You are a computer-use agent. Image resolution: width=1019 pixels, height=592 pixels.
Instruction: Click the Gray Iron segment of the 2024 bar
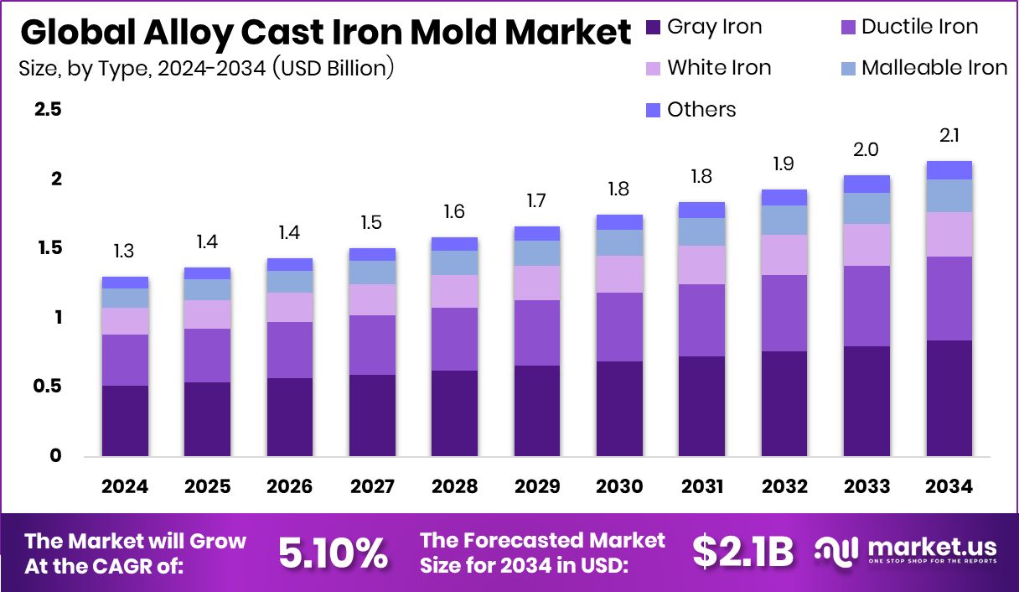(125, 420)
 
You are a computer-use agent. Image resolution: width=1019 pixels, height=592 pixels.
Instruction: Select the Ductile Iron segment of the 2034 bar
(949, 298)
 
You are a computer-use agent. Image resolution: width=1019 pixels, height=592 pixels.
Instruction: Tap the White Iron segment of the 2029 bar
(536, 283)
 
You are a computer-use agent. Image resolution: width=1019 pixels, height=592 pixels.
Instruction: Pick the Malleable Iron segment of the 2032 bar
(784, 220)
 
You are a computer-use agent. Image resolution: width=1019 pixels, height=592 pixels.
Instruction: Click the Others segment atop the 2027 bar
(372, 254)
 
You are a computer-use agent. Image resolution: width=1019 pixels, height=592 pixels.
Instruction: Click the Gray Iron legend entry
(705, 27)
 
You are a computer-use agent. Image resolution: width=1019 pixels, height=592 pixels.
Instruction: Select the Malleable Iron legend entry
(923, 68)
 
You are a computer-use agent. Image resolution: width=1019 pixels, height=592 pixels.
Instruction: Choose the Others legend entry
(691, 110)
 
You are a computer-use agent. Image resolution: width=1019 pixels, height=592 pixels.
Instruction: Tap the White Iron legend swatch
(654, 69)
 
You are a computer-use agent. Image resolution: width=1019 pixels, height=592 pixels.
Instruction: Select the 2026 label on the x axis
(289, 486)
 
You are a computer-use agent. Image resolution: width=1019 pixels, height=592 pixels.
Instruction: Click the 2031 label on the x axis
(701, 486)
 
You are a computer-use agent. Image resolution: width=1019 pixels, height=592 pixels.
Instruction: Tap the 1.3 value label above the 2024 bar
(125, 251)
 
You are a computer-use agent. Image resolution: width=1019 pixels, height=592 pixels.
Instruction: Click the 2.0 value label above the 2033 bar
(866, 149)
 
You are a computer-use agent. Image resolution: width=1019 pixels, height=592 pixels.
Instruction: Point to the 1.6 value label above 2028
(454, 211)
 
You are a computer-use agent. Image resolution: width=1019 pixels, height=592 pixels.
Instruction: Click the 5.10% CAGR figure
(333, 553)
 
